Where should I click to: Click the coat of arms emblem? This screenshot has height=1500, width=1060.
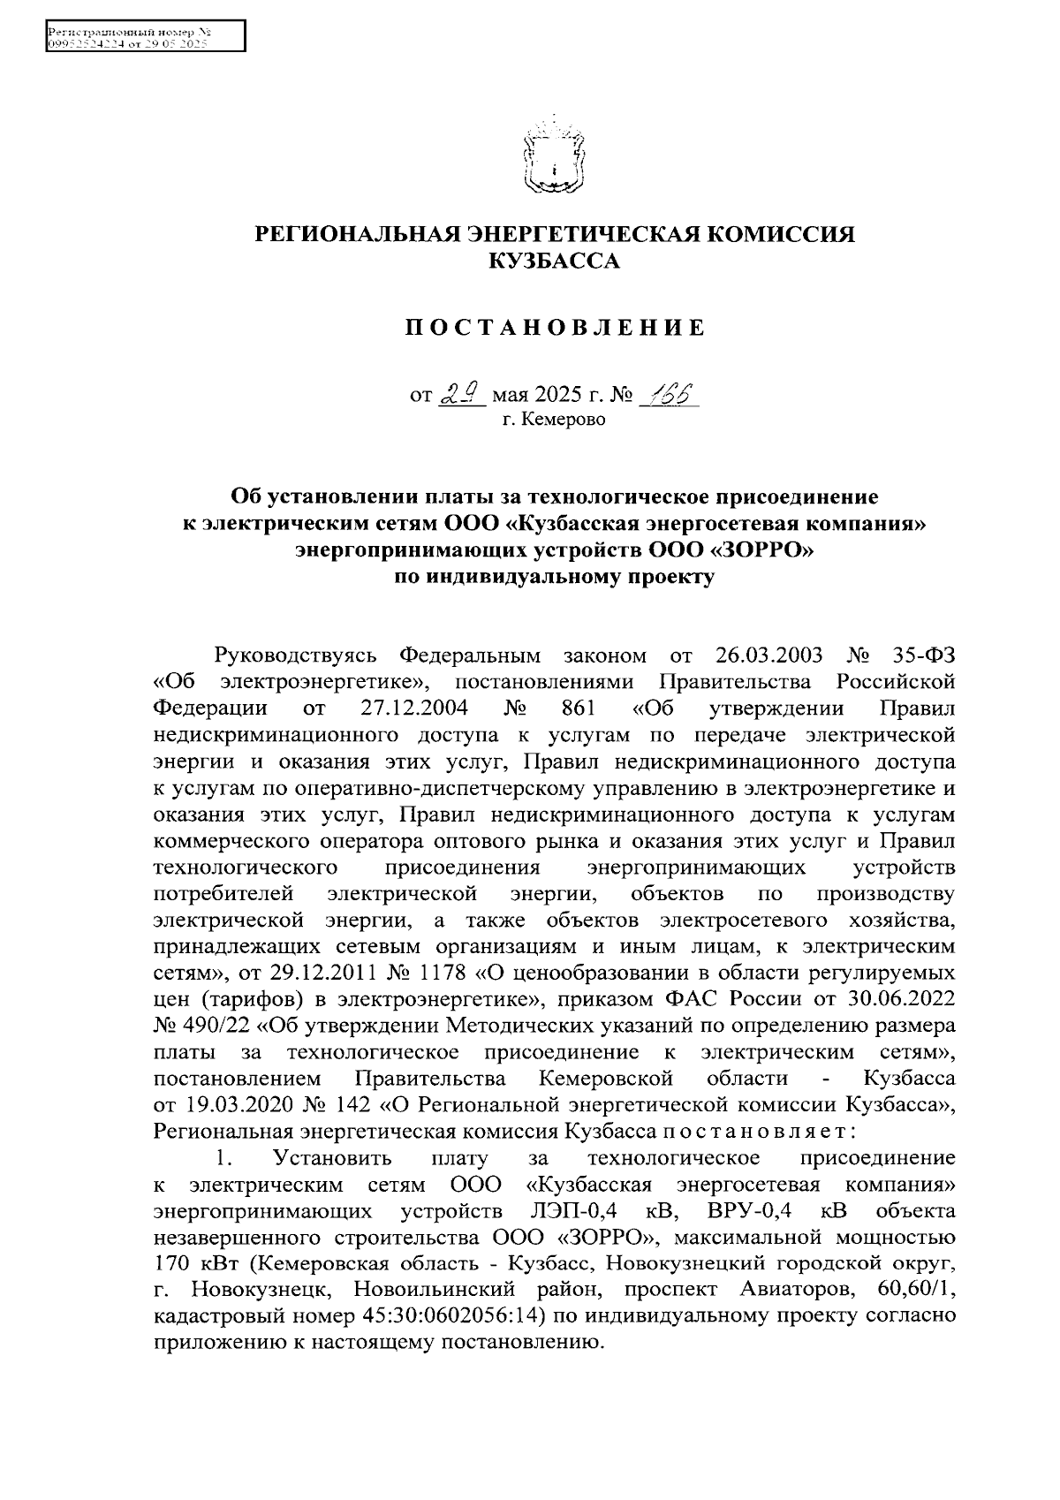(554, 158)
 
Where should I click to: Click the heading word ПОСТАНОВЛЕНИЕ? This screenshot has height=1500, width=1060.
(555, 329)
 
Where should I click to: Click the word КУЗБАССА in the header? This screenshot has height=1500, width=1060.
(555, 261)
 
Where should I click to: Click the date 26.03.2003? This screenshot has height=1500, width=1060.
(765, 655)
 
